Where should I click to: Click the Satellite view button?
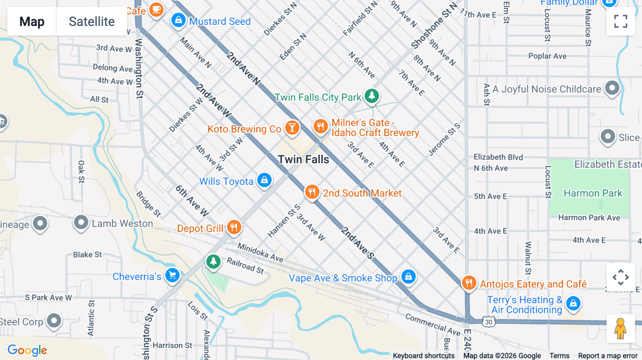(x=92, y=22)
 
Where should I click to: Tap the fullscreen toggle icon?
(x=621, y=21)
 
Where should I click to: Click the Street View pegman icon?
(x=620, y=328)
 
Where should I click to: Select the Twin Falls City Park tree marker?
(x=372, y=96)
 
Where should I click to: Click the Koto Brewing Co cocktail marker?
(x=292, y=127)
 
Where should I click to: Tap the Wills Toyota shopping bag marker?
(x=264, y=180)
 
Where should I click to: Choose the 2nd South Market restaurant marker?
(x=312, y=192)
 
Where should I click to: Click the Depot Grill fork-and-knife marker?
(x=234, y=227)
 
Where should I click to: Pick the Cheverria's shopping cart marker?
(x=173, y=275)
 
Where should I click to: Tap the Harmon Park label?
(x=593, y=193)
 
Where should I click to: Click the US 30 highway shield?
(x=489, y=322)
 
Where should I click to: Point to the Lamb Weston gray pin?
(x=81, y=222)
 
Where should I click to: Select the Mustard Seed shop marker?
(x=178, y=20)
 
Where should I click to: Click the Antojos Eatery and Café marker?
(x=469, y=283)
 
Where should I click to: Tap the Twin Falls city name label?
(x=303, y=159)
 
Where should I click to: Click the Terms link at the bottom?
(x=559, y=356)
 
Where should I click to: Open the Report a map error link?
(x=608, y=356)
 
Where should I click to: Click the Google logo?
(x=27, y=350)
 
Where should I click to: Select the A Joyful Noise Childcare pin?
(x=612, y=87)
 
